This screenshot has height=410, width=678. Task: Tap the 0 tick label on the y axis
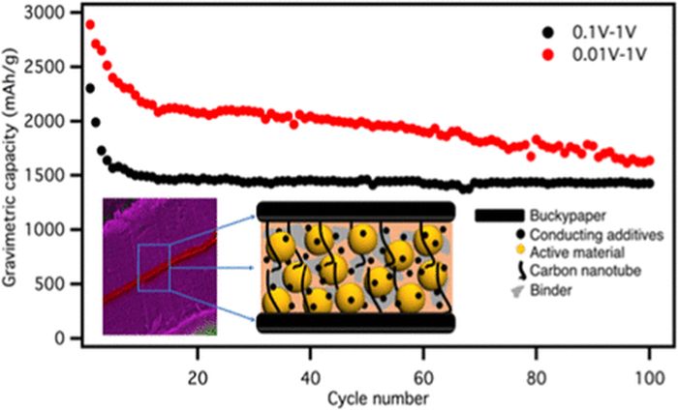point(67,338)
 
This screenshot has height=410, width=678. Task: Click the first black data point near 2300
point(90,88)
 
